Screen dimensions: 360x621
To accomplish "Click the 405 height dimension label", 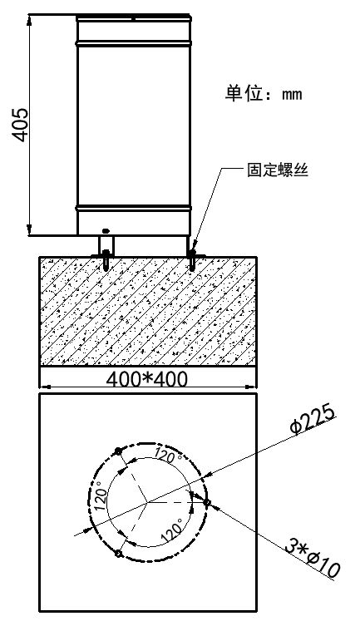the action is [19, 125].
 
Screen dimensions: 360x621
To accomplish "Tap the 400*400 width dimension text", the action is [146, 379].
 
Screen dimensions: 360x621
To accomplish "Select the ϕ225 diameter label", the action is [313, 420].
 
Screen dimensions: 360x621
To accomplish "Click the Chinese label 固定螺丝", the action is [278, 170].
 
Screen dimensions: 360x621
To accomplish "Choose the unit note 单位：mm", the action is [264, 94].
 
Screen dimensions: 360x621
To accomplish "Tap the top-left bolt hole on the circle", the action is [117, 451].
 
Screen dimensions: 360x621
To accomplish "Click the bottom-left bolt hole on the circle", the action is [117, 554].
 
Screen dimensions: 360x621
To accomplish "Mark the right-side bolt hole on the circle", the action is [206, 503].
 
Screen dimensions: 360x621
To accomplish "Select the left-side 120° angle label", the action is [101, 495].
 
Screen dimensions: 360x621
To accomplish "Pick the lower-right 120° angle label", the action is [173, 531].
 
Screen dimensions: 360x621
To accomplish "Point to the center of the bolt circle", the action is [147, 503].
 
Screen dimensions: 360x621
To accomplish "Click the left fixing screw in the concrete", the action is [106, 259].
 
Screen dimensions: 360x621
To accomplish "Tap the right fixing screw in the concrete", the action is [192, 260].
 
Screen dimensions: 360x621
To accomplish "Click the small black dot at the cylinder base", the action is [106, 230].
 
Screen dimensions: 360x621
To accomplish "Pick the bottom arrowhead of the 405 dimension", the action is [29, 230].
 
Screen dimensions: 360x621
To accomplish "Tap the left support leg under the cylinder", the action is [106, 245].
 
